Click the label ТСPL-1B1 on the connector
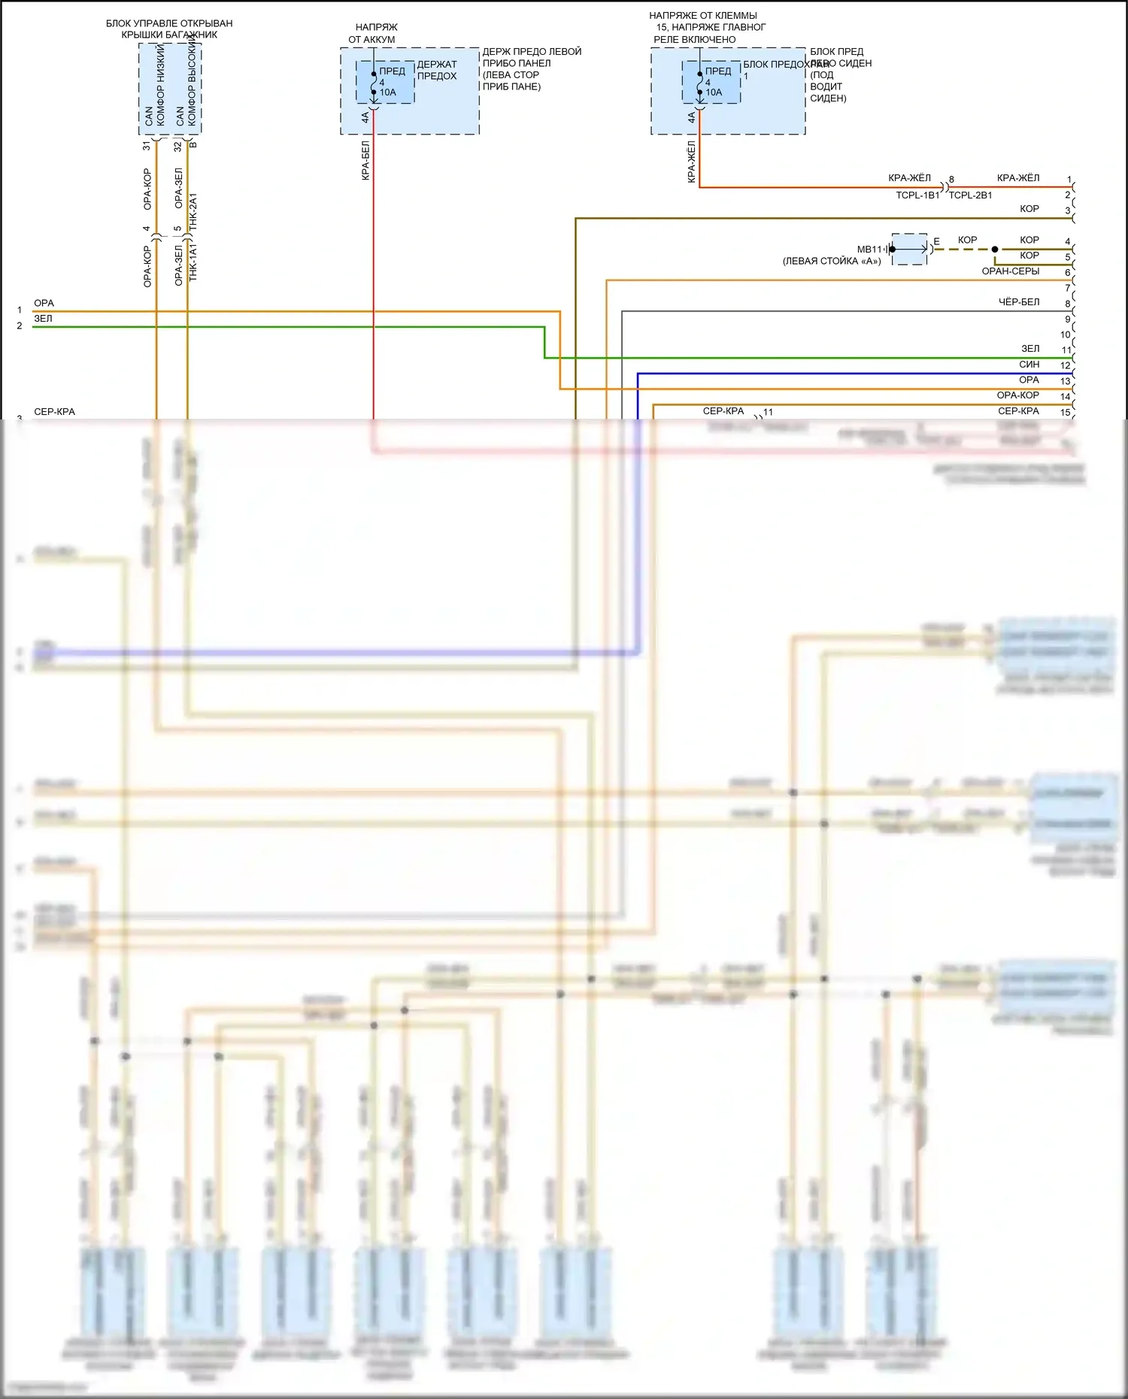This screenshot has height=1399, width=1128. [917, 195]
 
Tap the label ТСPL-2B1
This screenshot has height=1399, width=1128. [970, 195]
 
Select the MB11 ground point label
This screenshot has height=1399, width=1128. [869, 250]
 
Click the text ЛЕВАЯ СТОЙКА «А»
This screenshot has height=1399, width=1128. [832, 262]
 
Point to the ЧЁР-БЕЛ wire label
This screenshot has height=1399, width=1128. [1018, 302]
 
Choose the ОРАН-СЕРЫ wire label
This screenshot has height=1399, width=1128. [1010, 271]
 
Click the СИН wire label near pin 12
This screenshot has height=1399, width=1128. [1029, 365]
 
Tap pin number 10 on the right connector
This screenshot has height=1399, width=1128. [1065, 335]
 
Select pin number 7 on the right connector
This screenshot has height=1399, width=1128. [1067, 288]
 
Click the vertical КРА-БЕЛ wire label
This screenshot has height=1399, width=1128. [365, 160]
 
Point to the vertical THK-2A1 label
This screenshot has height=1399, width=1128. [193, 211]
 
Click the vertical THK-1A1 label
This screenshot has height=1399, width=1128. [193, 262]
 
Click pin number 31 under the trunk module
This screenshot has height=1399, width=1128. [147, 145]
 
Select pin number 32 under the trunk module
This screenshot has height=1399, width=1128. [178, 146]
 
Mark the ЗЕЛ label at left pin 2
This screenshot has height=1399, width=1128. [43, 319]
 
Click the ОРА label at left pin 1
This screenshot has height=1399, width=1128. [44, 304]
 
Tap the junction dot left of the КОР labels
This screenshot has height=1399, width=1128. [994, 250]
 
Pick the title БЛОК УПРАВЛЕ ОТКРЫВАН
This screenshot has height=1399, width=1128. [169, 24]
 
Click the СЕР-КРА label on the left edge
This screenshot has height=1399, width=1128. [54, 412]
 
